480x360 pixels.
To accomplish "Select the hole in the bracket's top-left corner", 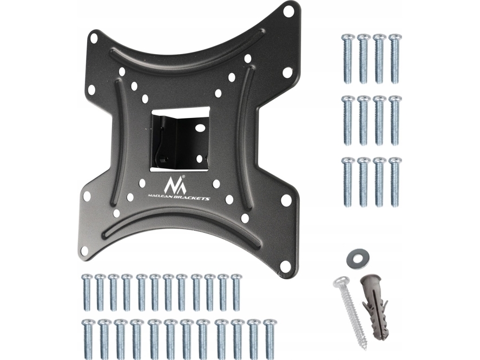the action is click(x=94, y=38).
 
